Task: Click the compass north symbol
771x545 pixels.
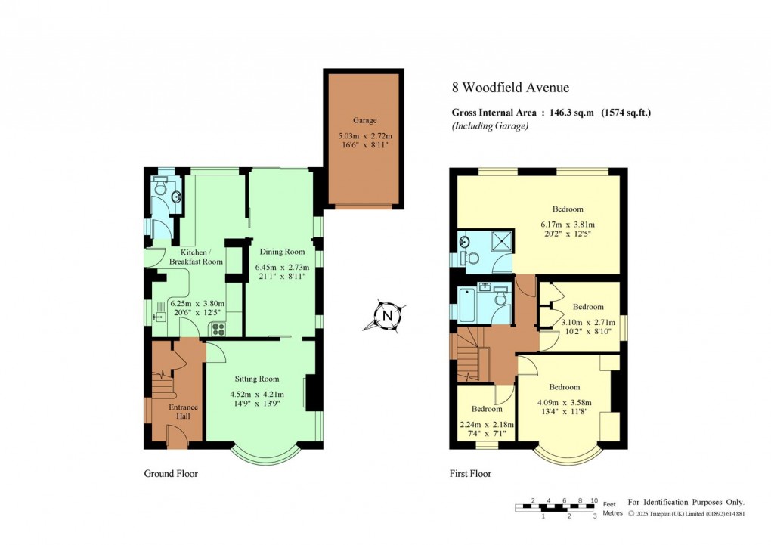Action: [387, 316]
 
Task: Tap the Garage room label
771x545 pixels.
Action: [364, 120]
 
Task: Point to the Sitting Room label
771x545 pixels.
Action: [255, 379]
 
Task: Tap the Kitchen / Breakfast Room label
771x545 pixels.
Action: [201, 256]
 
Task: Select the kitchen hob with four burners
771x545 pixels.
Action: [218, 328]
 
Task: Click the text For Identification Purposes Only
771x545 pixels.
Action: [686, 502]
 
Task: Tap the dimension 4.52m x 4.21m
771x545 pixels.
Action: [255, 394]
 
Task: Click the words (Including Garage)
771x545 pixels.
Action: [490, 126]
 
